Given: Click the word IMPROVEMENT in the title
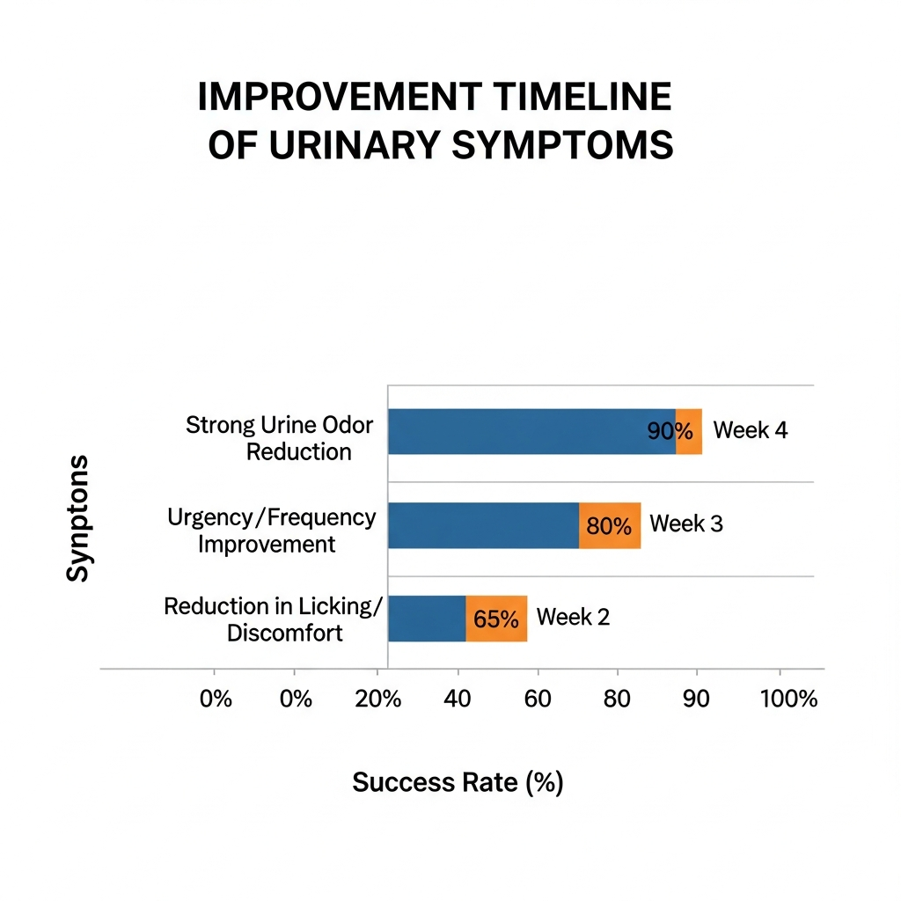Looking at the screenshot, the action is click(341, 97).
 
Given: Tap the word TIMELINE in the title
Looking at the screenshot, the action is click(582, 97).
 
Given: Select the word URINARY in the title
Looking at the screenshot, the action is click(355, 145).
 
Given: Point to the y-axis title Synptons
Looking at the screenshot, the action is click(77, 518).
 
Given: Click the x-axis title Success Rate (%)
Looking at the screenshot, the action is click(458, 782).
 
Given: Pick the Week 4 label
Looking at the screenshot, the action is click(750, 429).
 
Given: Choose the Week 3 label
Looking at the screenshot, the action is click(686, 524).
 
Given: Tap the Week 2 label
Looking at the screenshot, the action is click(573, 617).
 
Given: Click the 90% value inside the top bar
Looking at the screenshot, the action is click(670, 431).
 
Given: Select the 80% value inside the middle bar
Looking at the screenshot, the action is click(609, 526).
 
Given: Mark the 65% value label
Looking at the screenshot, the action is click(496, 619).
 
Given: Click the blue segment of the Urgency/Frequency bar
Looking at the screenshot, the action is click(484, 525).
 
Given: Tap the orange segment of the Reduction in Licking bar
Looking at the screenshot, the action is click(496, 619).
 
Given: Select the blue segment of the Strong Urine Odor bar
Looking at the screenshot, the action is click(532, 431).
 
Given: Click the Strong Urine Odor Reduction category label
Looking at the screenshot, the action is click(279, 438).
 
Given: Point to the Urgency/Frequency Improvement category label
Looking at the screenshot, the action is click(271, 531).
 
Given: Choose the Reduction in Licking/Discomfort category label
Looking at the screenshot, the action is click(273, 619).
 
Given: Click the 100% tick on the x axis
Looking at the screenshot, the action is click(788, 699).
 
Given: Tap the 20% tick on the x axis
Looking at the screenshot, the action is click(378, 699).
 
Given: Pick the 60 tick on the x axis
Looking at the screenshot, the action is click(538, 699).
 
